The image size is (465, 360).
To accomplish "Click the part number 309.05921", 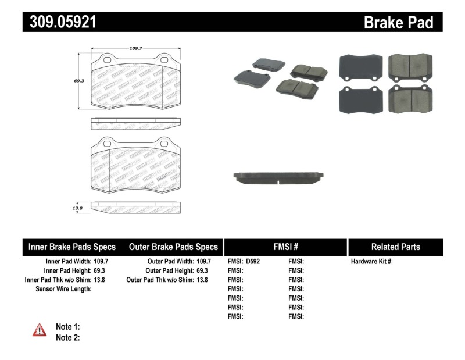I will click(60, 22).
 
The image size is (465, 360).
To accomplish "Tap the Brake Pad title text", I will click(398, 23).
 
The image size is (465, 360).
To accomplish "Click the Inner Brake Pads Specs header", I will click(72, 247).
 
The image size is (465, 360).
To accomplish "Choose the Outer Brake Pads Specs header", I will click(173, 247).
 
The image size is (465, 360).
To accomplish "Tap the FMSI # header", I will click(285, 247).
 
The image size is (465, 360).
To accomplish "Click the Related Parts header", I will click(395, 247).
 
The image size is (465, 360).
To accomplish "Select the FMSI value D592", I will click(253, 262).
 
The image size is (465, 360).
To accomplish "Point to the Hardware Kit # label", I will click(371, 262).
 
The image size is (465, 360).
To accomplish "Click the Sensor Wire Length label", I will click(63, 288).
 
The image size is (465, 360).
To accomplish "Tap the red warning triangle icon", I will click(40, 330).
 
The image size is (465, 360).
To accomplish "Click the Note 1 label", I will click(68, 326).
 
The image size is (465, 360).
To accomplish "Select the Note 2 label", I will click(68, 337).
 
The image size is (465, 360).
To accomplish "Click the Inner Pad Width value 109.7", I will click(101, 262).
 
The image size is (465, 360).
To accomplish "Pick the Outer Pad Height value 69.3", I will click(202, 270).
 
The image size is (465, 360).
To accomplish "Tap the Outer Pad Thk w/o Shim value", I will click(202, 280).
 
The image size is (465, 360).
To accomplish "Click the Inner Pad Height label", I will click(66, 270).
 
